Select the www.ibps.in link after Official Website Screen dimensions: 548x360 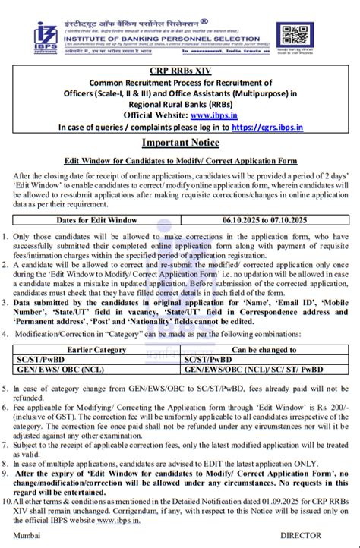[212, 115]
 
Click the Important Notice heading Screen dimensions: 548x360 [180, 143]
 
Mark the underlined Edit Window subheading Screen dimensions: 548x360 [180, 162]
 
